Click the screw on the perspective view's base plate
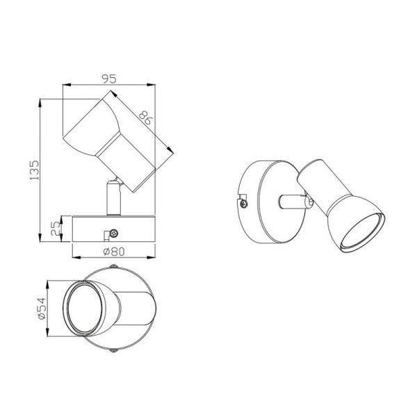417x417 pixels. point(243,203)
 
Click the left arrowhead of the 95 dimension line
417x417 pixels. point(65,85)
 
